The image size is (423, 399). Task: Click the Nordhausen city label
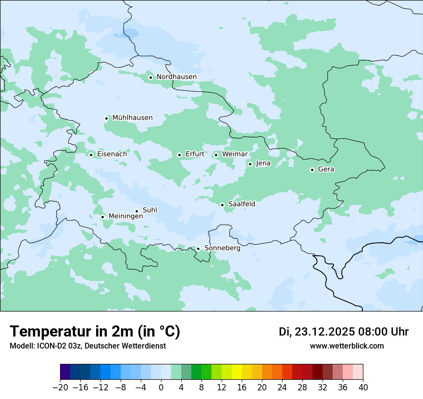click(x=176, y=77)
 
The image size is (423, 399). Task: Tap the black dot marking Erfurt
click(x=179, y=155)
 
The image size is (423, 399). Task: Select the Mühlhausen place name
click(x=132, y=118)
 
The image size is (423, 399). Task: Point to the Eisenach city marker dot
click(x=91, y=155)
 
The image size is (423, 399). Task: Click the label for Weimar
click(x=235, y=154)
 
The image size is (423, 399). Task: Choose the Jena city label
click(x=263, y=163)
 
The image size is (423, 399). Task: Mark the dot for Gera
click(x=312, y=170)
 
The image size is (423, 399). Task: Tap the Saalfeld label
click(x=241, y=204)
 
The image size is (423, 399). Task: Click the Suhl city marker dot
click(x=137, y=211)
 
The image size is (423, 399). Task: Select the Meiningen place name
click(x=125, y=216)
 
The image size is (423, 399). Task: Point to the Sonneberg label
click(x=222, y=248)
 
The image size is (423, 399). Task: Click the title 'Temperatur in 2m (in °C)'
click(x=95, y=332)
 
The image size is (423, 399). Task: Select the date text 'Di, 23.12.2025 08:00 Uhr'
click(x=344, y=332)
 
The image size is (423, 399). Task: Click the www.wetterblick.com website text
click(x=347, y=346)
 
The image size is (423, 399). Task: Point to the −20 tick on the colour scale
click(x=60, y=387)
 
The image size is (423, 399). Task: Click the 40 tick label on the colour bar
click(x=363, y=387)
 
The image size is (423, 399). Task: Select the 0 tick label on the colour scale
click(x=161, y=387)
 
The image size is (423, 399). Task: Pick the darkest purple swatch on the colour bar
click(x=65, y=373)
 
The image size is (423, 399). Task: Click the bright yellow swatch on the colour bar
click(x=236, y=373)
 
